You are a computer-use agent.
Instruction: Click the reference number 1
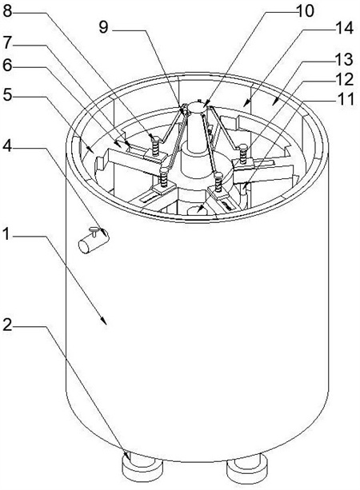point(7,234)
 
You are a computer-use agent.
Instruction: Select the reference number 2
point(7,325)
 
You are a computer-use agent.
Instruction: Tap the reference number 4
point(7,145)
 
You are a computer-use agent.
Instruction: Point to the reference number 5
point(7,94)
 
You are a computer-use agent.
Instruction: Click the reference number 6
point(7,65)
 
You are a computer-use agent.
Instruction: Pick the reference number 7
point(7,43)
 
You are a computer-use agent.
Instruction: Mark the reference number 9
point(103,27)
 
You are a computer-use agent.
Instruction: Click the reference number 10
point(305,10)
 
